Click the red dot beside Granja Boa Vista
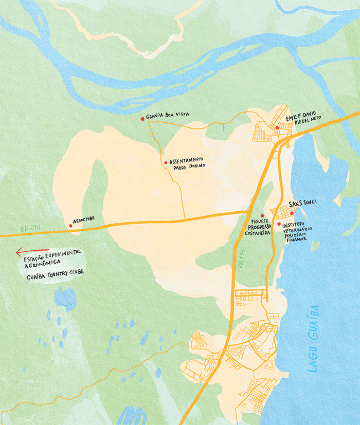point(142,119)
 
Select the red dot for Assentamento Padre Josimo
point(166,162)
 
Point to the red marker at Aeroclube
point(70,225)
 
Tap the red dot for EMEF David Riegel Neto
point(277,127)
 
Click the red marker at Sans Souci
point(291,213)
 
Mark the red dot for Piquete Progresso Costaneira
point(262,216)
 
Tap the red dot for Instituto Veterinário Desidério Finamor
point(279,224)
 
